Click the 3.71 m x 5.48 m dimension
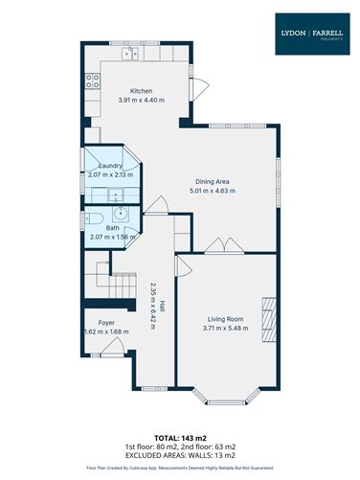[x=225, y=328]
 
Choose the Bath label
[x=112, y=227]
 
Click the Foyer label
[x=106, y=323]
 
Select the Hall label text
[x=164, y=309]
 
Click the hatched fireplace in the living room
[x=269, y=315]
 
